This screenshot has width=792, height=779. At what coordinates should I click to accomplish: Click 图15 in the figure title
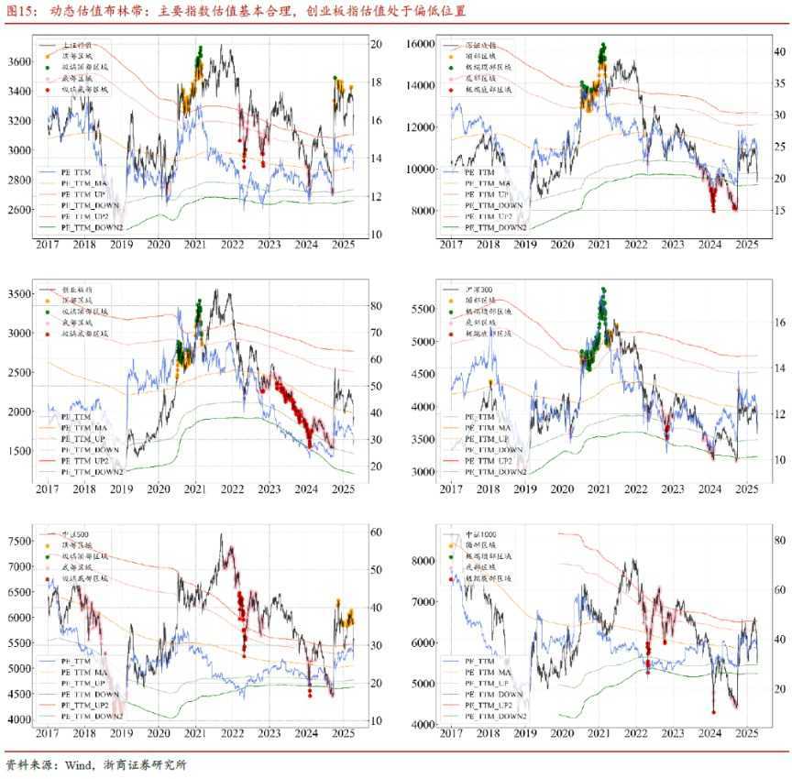coord(22,11)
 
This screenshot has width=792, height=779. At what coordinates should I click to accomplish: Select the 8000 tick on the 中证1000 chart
coord(422,559)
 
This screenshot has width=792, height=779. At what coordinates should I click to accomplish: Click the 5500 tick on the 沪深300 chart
coord(422,309)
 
